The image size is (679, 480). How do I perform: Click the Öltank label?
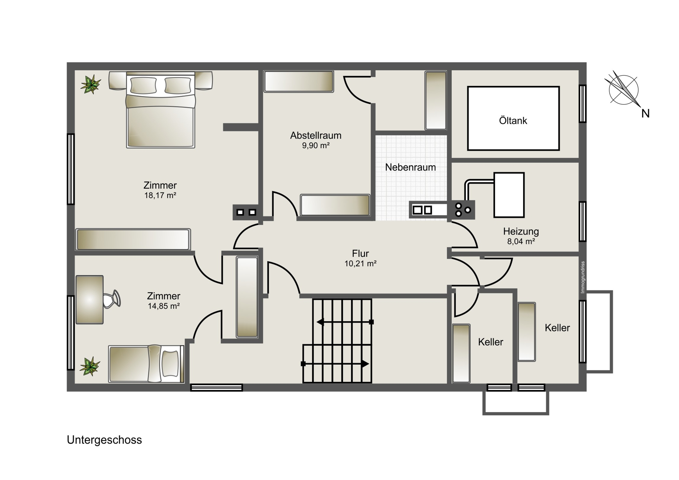(513, 121)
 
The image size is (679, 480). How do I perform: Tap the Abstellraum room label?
(316, 135)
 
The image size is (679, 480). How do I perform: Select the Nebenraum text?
(410, 167)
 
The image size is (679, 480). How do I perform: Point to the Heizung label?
(521, 232)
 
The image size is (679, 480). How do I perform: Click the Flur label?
(360, 253)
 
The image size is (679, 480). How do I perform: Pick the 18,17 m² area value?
(160, 195)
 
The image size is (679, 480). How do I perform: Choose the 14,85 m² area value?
(164, 306)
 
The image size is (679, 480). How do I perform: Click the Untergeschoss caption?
(104, 440)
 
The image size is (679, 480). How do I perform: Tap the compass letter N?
(645, 114)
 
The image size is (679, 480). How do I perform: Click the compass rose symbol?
(623, 90)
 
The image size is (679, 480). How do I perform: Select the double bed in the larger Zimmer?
(161, 110)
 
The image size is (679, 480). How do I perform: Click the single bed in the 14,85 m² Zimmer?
(146, 364)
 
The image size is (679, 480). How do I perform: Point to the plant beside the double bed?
(91, 84)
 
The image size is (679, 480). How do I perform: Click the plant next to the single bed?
(90, 366)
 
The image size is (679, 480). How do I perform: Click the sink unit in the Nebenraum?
(428, 210)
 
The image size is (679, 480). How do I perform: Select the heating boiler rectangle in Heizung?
(509, 195)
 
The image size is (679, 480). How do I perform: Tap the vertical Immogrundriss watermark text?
(583, 277)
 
